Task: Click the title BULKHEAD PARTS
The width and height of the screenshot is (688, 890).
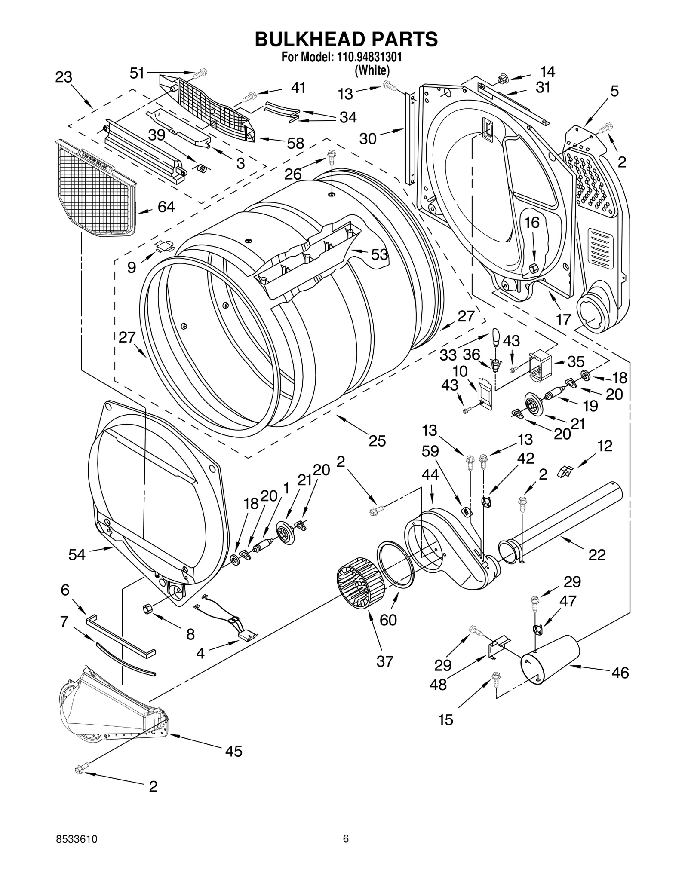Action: [346, 39]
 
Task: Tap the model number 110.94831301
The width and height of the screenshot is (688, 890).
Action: [367, 57]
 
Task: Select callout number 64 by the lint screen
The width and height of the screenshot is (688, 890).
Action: [166, 207]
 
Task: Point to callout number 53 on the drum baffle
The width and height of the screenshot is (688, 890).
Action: [379, 255]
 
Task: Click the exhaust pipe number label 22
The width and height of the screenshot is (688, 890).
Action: [597, 555]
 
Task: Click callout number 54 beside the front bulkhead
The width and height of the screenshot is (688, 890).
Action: [77, 555]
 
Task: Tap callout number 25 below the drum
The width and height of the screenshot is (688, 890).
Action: [377, 441]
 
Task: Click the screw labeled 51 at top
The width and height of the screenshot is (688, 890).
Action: [199, 74]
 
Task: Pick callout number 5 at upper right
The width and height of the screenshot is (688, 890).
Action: [614, 91]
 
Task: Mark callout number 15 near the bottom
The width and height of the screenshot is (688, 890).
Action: [445, 719]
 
